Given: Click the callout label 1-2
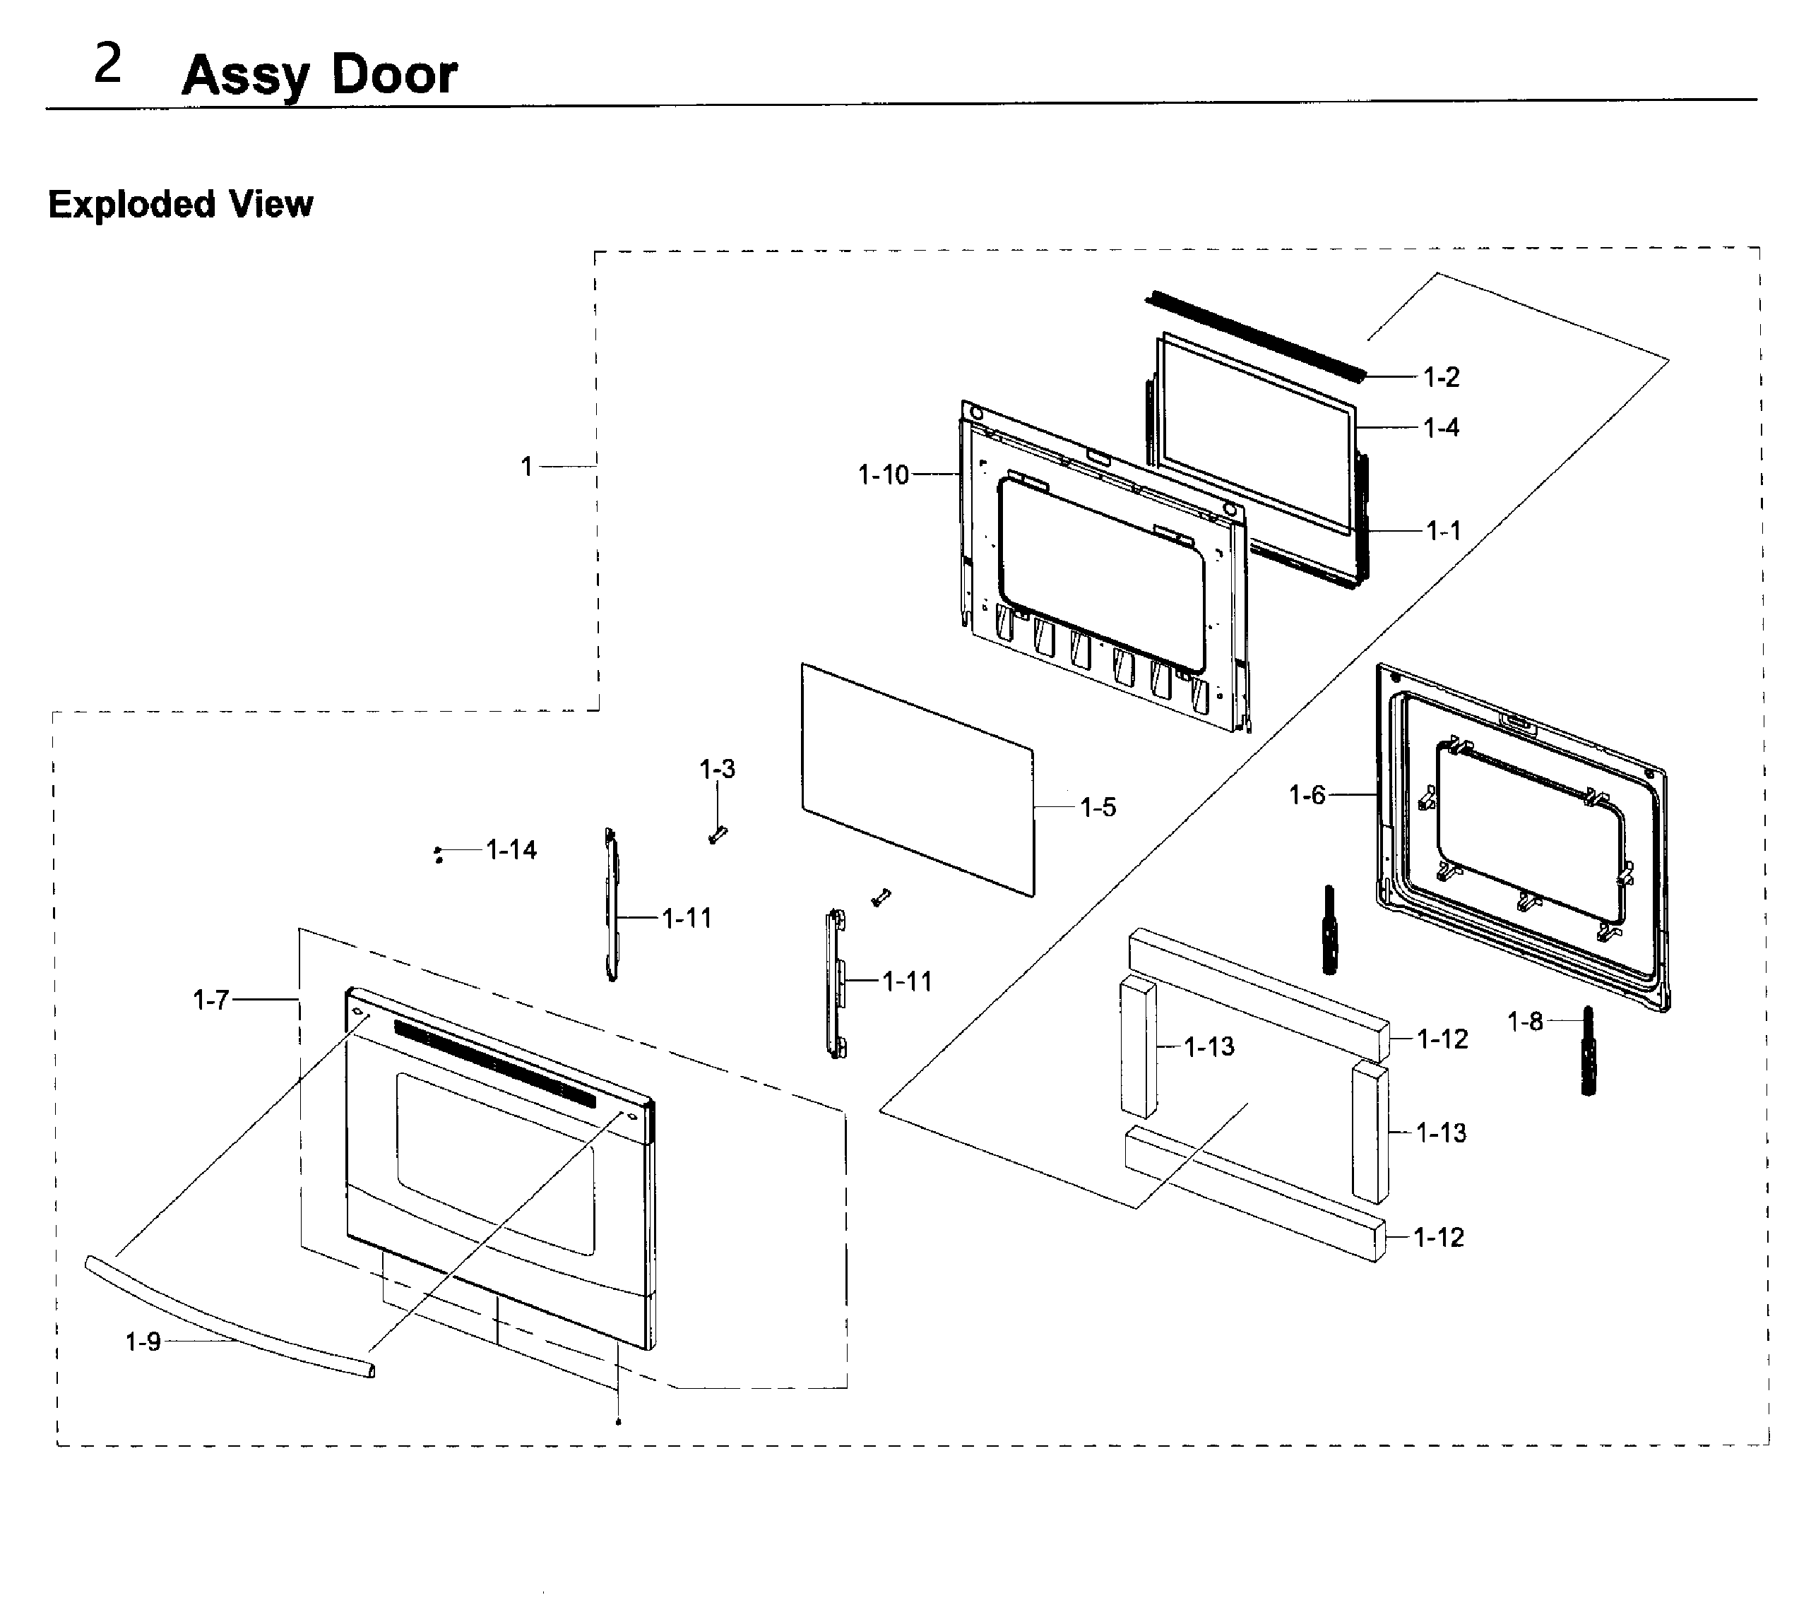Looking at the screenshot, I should pyautogui.click(x=1442, y=378).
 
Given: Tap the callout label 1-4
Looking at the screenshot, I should pyautogui.click(x=1442, y=429).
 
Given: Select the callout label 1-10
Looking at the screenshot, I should pyautogui.click(x=883, y=475).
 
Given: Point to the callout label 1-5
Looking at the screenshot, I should pyautogui.click(x=1098, y=807).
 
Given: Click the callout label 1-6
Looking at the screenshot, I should pyautogui.click(x=1307, y=796).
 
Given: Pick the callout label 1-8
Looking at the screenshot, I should pyautogui.click(x=1525, y=1022).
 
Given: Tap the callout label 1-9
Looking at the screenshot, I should pyautogui.click(x=143, y=1342).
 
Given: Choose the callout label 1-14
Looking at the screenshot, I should pyautogui.click(x=511, y=850).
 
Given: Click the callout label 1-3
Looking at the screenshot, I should pyautogui.click(x=717, y=769).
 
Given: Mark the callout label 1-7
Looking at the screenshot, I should pyautogui.click(x=211, y=1000).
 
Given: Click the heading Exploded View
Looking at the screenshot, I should pyautogui.click(x=180, y=204).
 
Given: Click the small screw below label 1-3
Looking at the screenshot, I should pyautogui.click(x=716, y=835).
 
